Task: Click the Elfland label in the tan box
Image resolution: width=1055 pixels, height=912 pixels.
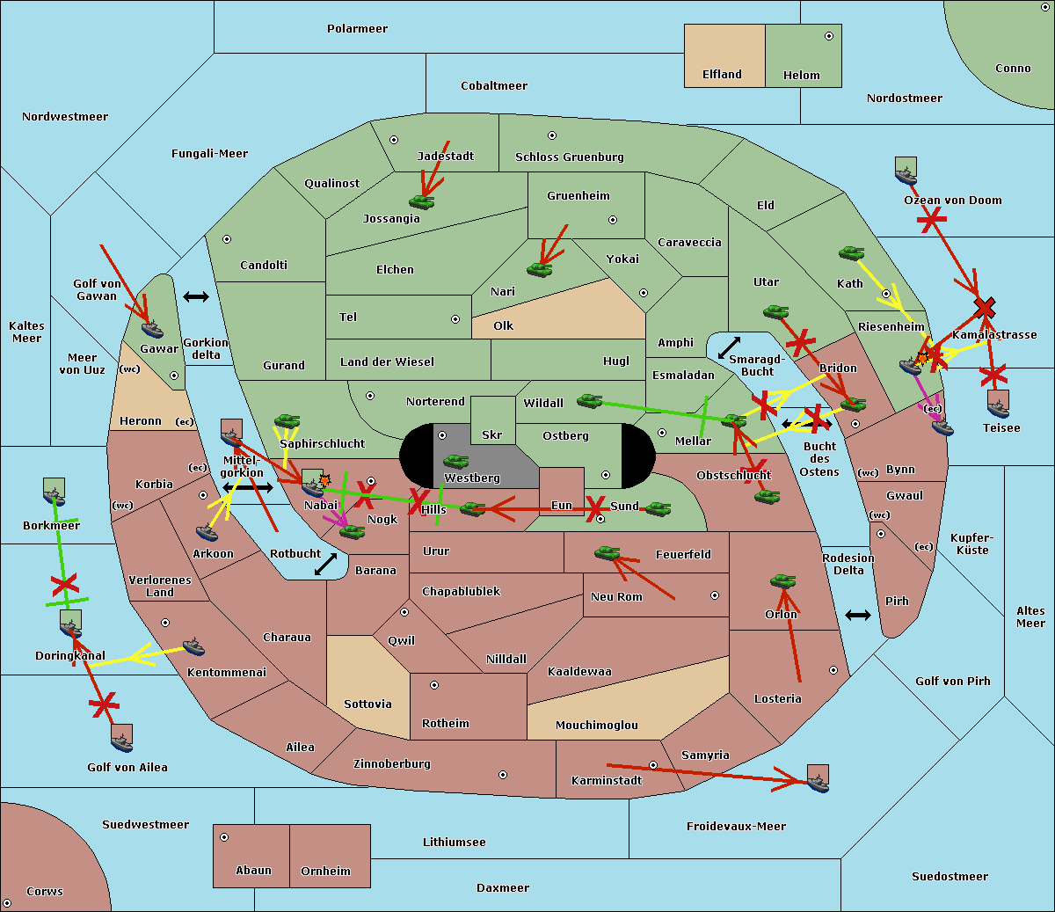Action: [x=722, y=75]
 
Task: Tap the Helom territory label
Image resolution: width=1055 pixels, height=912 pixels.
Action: [x=801, y=76]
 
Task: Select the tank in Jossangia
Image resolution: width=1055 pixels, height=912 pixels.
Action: [x=422, y=202]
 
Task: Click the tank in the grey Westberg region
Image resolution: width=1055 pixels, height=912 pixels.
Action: [x=455, y=461]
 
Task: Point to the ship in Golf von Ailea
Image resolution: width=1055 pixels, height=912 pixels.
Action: [x=121, y=742]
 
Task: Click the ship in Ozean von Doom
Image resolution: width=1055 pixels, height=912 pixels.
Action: [x=906, y=175]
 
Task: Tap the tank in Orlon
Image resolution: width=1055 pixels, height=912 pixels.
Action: [x=782, y=581]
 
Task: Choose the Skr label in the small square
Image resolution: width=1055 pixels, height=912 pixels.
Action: [x=491, y=434]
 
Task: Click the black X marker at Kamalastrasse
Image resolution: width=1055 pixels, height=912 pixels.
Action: [x=985, y=307]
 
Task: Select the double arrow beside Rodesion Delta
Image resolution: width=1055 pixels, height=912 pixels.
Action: [x=858, y=615]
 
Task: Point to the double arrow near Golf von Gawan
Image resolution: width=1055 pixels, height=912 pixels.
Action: [x=195, y=297]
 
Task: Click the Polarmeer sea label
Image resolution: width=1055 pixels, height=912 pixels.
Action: [x=357, y=29]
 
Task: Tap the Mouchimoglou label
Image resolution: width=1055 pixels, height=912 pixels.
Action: [x=596, y=726]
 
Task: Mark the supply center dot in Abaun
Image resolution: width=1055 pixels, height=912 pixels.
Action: [x=224, y=837]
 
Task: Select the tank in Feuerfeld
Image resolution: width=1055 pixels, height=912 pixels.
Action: [x=607, y=553]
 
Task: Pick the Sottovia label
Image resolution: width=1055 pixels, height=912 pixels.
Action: [x=367, y=704]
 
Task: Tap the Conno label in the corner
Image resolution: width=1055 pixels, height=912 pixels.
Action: [x=1013, y=69]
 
